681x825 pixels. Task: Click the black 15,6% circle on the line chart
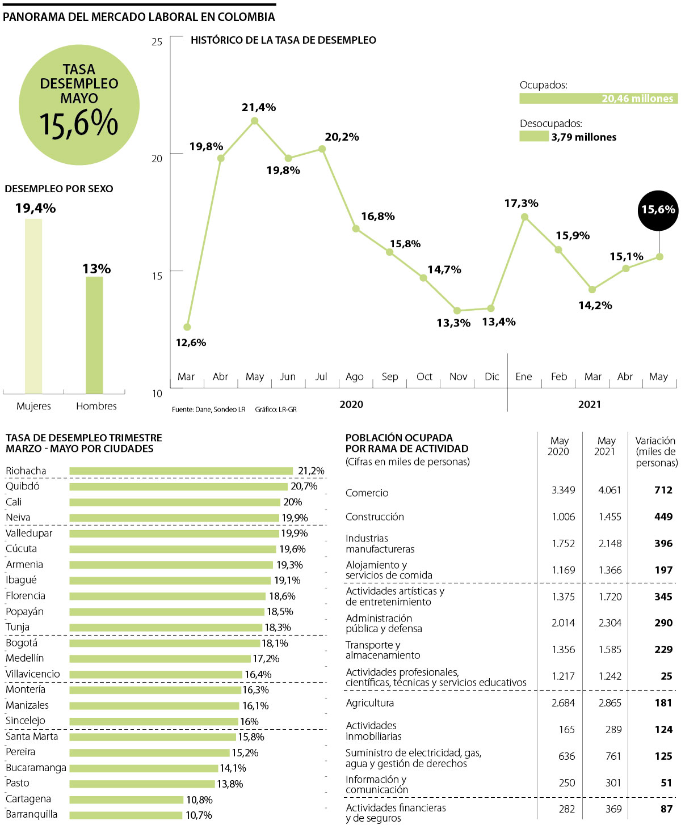658,210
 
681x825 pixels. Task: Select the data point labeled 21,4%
254,121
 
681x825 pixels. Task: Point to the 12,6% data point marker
187,327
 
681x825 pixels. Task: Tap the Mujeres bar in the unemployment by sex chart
33,306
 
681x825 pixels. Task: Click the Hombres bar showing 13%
94,335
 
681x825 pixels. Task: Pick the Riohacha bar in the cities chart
181,471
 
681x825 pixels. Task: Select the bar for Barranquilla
127,815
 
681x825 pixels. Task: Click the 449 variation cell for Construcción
663,517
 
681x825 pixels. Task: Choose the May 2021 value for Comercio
609,490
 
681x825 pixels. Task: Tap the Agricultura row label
369,703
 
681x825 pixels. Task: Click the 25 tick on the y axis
157,41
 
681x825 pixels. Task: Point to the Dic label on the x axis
492,376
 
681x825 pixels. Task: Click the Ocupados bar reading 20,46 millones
598,99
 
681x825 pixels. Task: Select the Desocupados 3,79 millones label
583,137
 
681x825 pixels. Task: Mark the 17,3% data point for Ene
524,217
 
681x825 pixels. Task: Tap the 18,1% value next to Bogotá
275,643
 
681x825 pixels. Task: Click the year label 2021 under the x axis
590,404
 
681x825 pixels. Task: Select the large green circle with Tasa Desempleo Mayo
79,105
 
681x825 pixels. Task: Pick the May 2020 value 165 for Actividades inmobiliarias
566,730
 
